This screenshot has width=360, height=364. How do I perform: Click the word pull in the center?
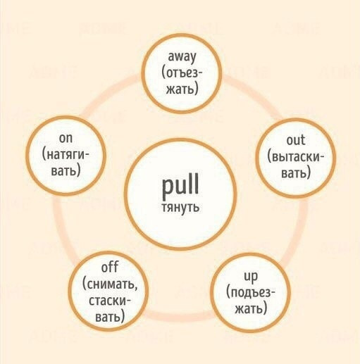[180, 186]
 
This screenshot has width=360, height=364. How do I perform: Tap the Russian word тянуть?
[180, 207]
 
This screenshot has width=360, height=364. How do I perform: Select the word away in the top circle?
[182, 57]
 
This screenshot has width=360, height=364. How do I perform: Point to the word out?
[296, 140]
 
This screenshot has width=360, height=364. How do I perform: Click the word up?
[251, 277]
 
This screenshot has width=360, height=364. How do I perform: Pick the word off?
[110, 267]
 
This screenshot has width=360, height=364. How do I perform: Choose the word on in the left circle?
[66, 138]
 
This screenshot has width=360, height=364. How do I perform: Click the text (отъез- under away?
[182, 73]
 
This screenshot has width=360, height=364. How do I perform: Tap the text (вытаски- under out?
[296, 157]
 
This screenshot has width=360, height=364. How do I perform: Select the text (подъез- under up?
[250, 293]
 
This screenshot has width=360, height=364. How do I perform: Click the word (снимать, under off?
[110, 284]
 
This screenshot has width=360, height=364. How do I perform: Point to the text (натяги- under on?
[66, 155]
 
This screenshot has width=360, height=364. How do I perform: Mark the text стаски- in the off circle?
[109, 301]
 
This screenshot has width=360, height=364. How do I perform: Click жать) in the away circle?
[182, 89]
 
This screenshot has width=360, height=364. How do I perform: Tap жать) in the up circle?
[251, 308]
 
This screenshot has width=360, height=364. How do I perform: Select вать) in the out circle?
[296, 173]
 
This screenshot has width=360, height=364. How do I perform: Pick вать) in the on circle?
[66, 170]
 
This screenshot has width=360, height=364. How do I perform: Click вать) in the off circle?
[110, 317]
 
